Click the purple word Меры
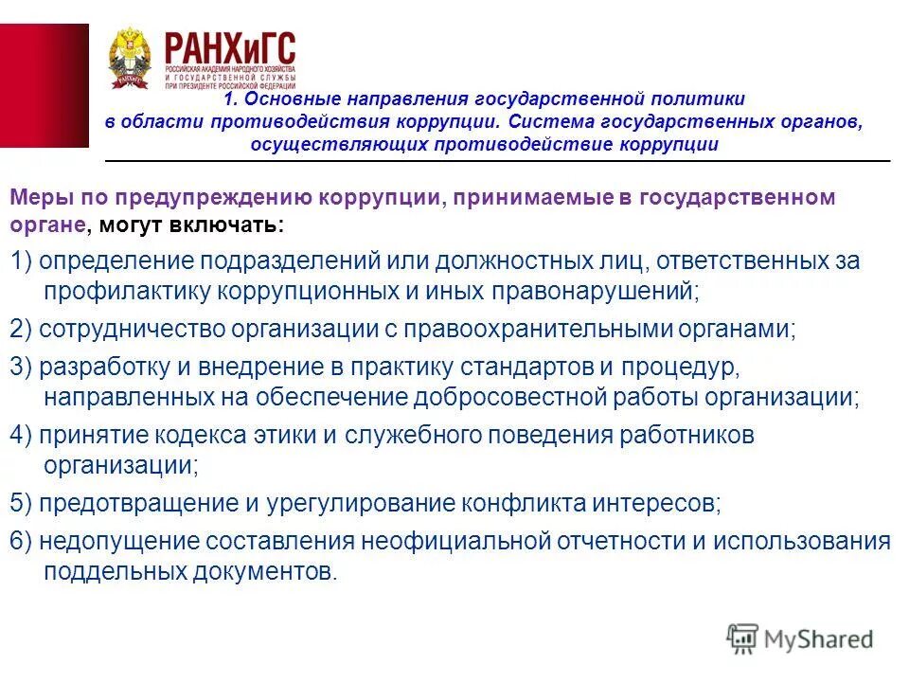(35, 198)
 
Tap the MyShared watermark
(800, 638)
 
